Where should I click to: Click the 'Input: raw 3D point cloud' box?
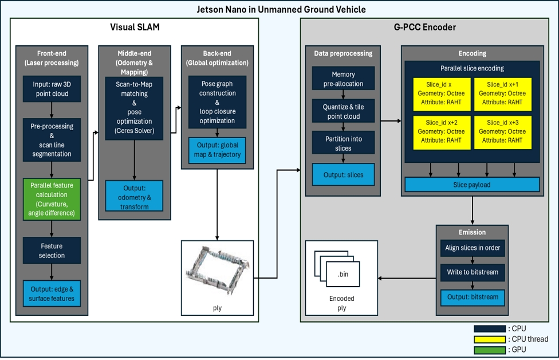(52, 89)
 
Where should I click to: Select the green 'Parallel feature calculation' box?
(52, 199)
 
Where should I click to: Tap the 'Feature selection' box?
(52, 251)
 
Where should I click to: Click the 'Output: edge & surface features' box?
(52, 294)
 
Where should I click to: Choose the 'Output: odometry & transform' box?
(134, 197)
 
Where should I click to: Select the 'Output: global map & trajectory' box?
(217, 150)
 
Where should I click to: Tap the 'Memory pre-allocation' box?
(343, 79)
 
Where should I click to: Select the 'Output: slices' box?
(343, 174)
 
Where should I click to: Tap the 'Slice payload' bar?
(472, 184)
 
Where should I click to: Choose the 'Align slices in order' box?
(473, 248)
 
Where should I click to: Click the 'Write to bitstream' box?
(473, 272)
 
